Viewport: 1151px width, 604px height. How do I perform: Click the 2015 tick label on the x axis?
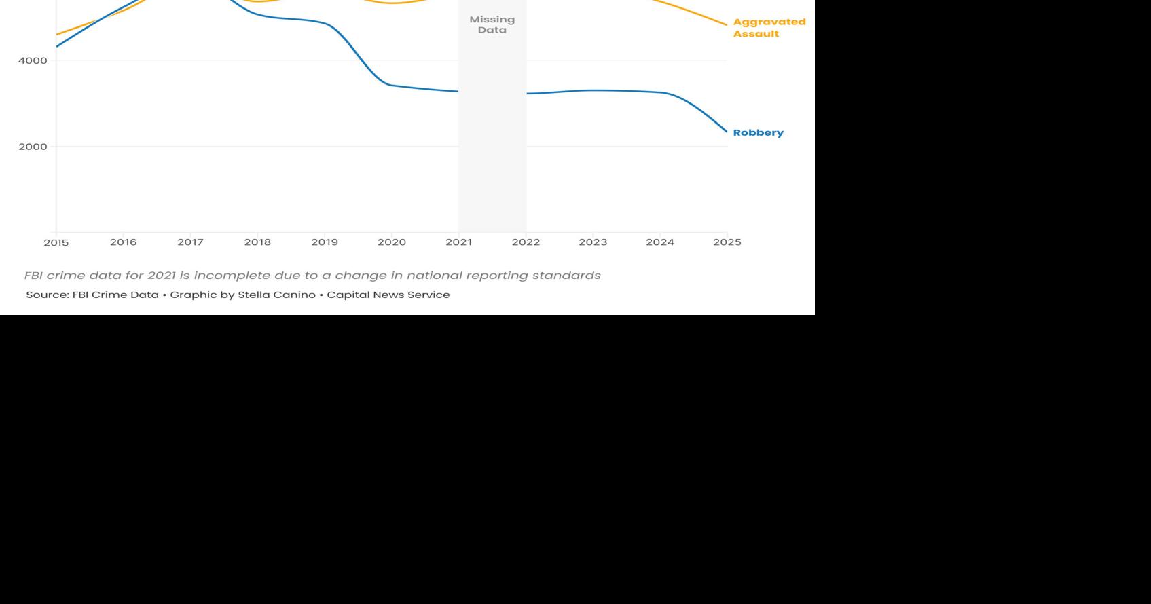[x=56, y=242]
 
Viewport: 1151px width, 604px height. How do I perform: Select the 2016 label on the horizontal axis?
[x=123, y=242]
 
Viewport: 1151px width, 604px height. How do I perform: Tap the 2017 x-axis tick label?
[x=190, y=242]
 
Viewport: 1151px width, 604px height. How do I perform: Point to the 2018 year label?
[x=257, y=242]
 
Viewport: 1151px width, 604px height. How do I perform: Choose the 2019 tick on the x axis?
[x=325, y=242]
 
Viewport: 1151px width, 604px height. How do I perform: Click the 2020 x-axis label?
[x=392, y=242]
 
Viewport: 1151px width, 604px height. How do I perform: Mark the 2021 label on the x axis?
[x=458, y=242]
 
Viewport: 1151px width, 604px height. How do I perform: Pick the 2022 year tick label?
[x=526, y=242]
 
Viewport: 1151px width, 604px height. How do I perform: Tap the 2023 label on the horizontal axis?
[x=593, y=242]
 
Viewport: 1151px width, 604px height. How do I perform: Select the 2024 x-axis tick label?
[x=660, y=242]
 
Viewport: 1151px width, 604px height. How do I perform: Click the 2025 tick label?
[x=727, y=242]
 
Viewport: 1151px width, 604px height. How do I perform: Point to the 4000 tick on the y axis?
[x=33, y=60]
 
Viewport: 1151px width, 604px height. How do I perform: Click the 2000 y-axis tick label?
[x=33, y=147]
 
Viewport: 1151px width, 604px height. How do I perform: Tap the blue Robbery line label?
[x=758, y=133]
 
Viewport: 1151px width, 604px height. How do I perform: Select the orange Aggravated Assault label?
[x=769, y=28]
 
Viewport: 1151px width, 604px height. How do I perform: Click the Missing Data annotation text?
[x=492, y=25]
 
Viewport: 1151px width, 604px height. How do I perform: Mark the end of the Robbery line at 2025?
[x=727, y=132]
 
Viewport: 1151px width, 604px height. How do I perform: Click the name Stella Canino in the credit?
[x=276, y=295]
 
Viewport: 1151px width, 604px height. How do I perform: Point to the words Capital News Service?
[x=388, y=295]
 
